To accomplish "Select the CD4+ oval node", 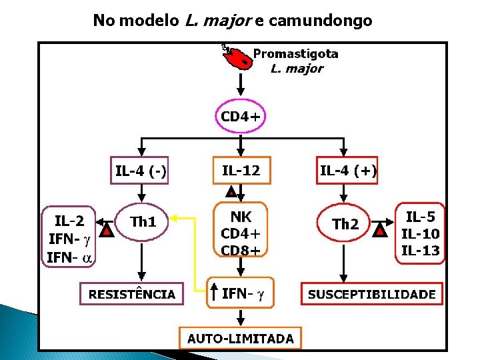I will [x=240, y=117].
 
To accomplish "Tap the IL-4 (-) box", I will [x=141, y=171].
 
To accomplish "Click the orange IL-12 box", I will [x=240, y=171].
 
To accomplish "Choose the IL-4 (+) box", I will [x=347, y=171].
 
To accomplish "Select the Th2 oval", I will [x=345, y=224].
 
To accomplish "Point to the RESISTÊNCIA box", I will [x=132, y=294].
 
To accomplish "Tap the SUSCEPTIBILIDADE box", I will [x=372, y=294].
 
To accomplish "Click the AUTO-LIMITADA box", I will [x=240, y=338].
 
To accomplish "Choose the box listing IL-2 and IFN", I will [x=69, y=238].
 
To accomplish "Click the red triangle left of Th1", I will [x=105, y=231].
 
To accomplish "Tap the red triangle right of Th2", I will [x=380, y=231].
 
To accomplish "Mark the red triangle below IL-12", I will [x=231, y=193].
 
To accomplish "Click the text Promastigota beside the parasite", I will [x=295, y=54].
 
